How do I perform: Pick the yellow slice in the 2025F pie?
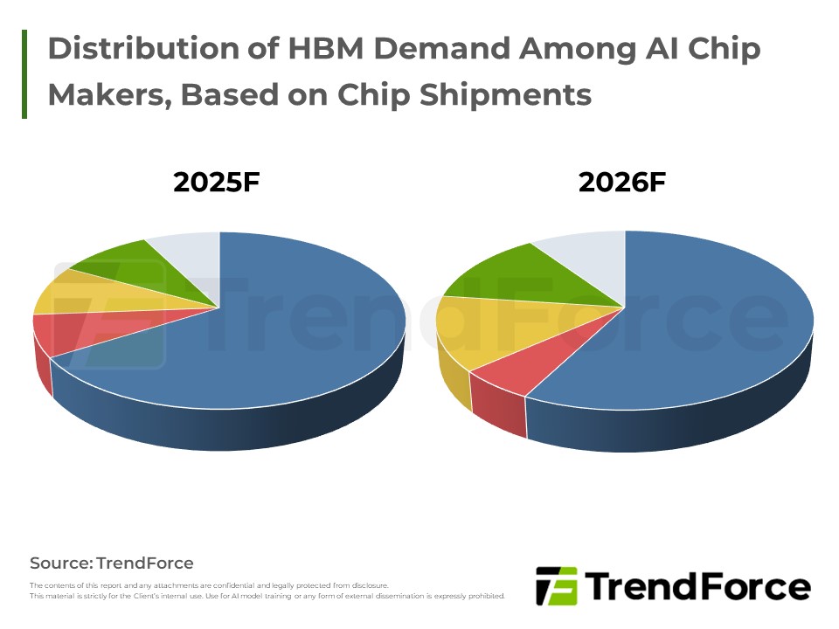pyautogui.click(x=70, y=293)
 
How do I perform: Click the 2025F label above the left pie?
pyautogui.click(x=217, y=183)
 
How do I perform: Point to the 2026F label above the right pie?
pyautogui.click(x=622, y=183)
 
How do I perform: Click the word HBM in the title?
pyautogui.click(x=332, y=49)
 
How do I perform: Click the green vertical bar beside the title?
pyautogui.click(x=24, y=73)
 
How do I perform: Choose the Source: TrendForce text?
pyautogui.click(x=112, y=563)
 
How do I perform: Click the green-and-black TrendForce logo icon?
pyautogui.click(x=556, y=585)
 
